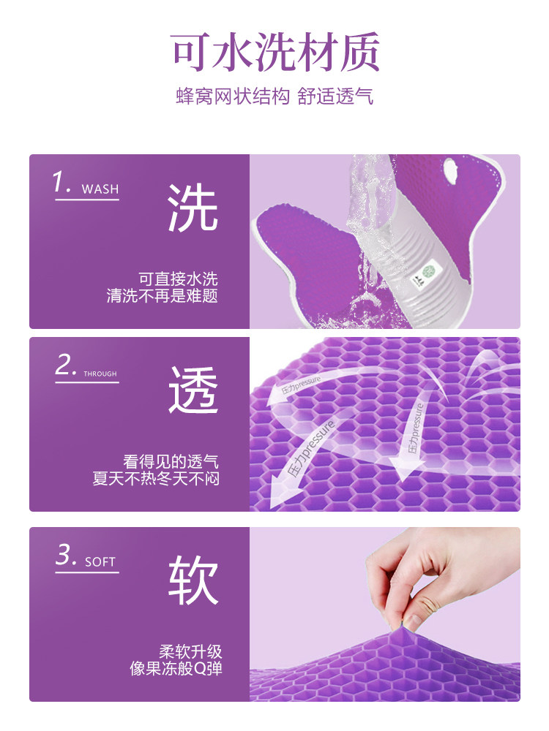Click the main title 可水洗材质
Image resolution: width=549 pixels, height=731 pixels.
click(x=274, y=52)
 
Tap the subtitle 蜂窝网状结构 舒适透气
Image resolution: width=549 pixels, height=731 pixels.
click(x=274, y=96)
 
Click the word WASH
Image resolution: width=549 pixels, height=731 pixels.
click(x=100, y=189)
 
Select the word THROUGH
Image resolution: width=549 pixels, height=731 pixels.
click(x=100, y=374)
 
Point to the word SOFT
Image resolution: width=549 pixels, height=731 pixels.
click(x=100, y=561)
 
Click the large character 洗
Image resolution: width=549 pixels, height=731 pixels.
click(x=193, y=208)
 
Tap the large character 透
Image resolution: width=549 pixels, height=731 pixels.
click(x=193, y=390)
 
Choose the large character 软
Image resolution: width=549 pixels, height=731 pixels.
click(x=193, y=580)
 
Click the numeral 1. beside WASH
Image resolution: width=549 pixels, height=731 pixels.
click(x=61, y=182)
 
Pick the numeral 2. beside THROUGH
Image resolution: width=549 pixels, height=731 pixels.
click(x=65, y=365)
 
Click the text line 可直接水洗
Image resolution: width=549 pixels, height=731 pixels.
click(x=179, y=279)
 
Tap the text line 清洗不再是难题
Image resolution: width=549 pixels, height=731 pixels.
click(x=163, y=295)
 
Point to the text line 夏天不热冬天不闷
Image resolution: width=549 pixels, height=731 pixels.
click(x=156, y=478)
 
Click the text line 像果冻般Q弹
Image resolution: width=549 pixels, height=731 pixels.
click(x=176, y=668)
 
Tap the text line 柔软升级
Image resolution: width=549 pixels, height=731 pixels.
click(x=190, y=651)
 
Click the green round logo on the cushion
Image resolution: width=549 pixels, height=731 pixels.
click(x=428, y=271)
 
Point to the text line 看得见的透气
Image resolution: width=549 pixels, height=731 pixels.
click(x=171, y=461)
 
